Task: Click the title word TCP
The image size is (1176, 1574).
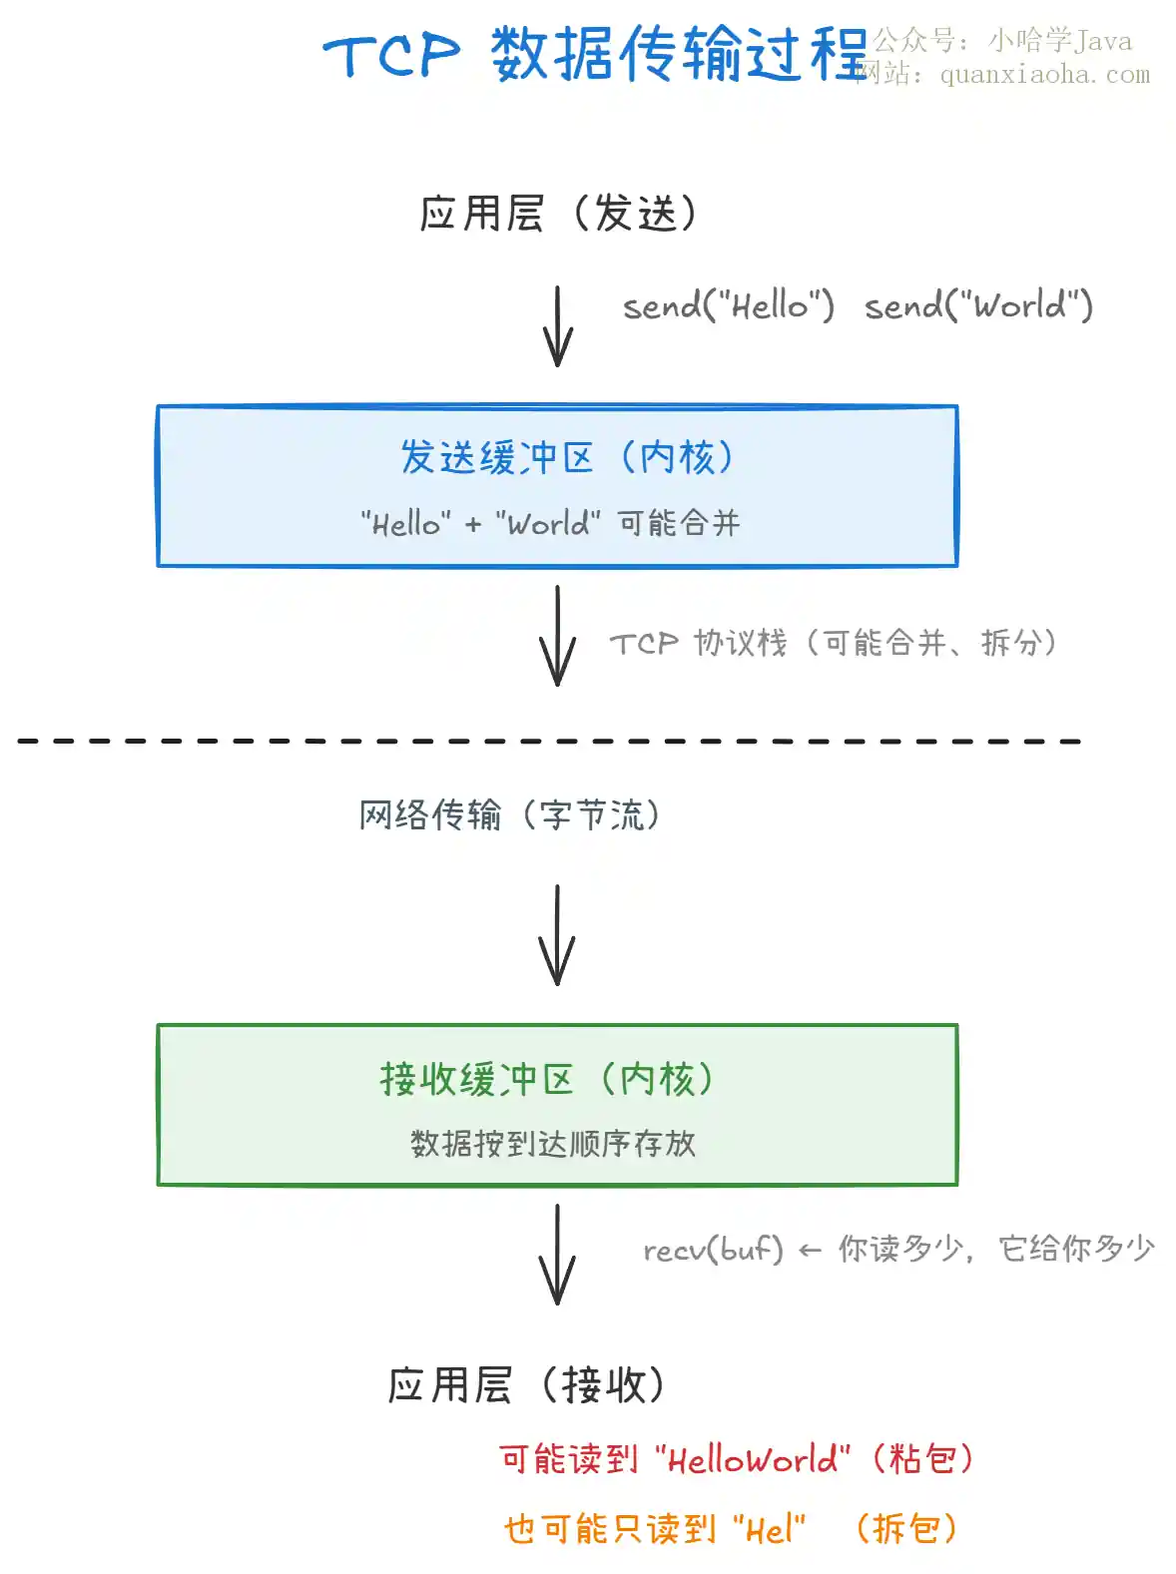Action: pyautogui.click(x=390, y=55)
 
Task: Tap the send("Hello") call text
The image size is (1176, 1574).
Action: pyautogui.click(x=728, y=305)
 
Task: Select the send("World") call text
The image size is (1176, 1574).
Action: pyautogui.click(x=978, y=305)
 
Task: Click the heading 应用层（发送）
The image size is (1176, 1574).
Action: pyautogui.click(x=558, y=213)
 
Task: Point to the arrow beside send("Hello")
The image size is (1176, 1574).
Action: pyautogui.click(x=557, y=326)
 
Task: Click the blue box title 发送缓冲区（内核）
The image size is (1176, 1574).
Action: pyautogui.click(x=566, y=457)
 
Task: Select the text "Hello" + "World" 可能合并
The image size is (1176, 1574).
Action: pyautogui.click(x=550, y=523)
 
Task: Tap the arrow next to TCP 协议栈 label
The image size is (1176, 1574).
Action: pyautogui.click(x=557, y=636)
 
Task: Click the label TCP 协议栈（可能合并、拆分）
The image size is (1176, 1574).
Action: pyautogui.click(x=833, y=643)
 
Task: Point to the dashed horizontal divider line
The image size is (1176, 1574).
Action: pyautogui.click(x=548, y=741)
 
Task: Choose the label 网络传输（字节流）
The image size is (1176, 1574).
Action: pyautogui.click(x=509, y=814)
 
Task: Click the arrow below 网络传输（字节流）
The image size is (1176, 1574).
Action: pyautogui.click(x=557, y=935)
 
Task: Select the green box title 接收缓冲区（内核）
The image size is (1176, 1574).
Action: pyautogui.click(x=546, y=1079)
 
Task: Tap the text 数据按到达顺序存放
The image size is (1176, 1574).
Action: pyautogui.click(x=553, y=1143)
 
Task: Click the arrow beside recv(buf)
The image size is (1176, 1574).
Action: pyautogui.click(x=557, y=1255)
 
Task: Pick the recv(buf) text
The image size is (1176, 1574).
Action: pyautogui.click(x=714, y=1250)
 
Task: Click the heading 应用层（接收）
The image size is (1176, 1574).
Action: pyautogui.click(x=526, y=1384)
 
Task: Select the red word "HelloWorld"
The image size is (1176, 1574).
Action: pyautogui.click(x=753, y=1458)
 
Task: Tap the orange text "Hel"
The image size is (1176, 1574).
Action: pyautogui.click(x=770, y=1529)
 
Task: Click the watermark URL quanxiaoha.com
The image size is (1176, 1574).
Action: pyautogui.click(x=1045, y=74)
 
